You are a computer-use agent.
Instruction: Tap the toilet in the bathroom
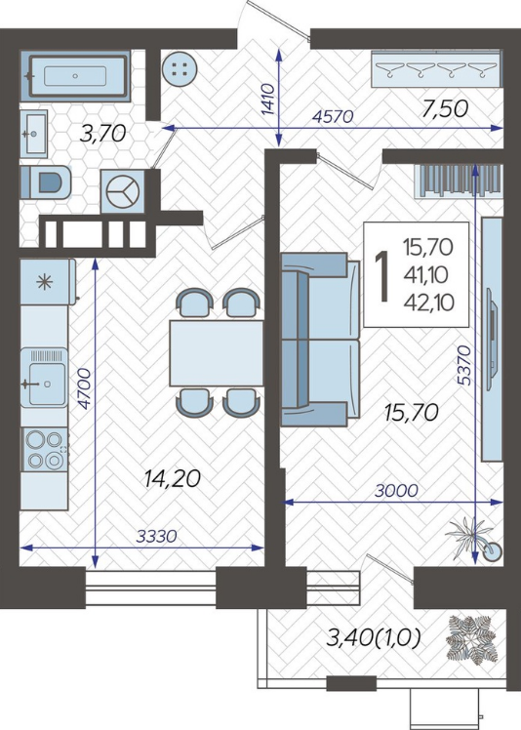[46, 182]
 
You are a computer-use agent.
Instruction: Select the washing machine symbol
[123, 191]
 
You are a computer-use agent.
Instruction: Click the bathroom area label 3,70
[102, 134]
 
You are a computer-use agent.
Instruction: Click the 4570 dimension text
[334, 116]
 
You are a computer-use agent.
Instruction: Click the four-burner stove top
[45, 449]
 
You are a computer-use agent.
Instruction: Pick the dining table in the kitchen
[217, 353]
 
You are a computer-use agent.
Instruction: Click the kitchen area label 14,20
[172, 478]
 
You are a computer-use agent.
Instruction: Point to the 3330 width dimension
[156, 537]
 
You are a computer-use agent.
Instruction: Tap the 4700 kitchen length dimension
[84, 388]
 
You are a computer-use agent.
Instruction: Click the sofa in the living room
[320, 340]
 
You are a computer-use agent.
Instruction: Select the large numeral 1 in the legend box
[382, 275]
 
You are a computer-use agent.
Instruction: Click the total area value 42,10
[429, 304]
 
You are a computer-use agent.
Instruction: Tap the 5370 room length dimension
[464, 365]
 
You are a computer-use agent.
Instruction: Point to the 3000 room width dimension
[397, 490]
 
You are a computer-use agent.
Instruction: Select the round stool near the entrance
[180, 69]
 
